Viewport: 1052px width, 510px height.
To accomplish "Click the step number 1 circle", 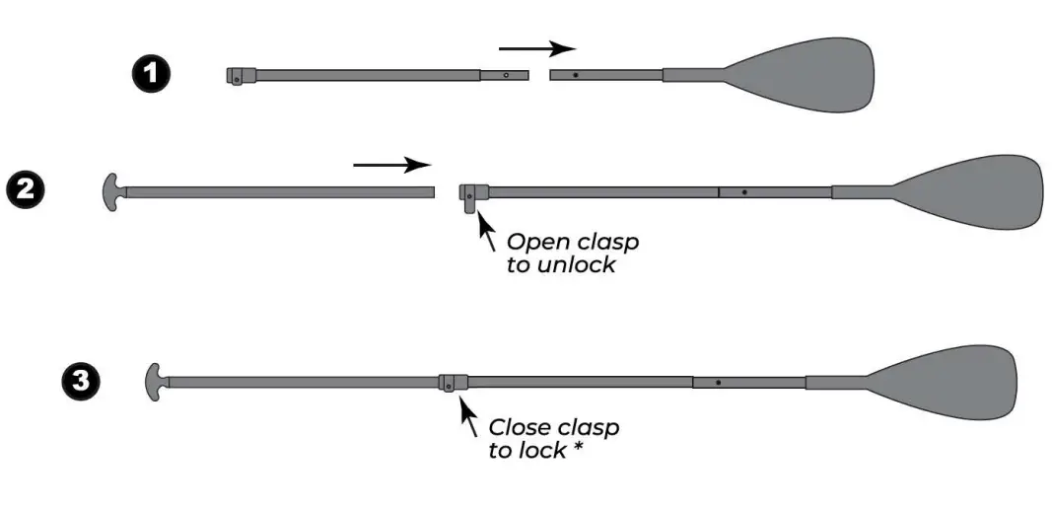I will [x=152, y=75].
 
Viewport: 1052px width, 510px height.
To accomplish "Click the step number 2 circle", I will [x=25, y=188].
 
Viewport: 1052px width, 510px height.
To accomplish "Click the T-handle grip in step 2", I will [x=111, y=191].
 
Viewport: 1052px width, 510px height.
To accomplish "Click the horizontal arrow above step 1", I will [x=536, y=47].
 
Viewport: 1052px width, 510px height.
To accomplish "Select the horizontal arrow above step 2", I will [x=391, y=165].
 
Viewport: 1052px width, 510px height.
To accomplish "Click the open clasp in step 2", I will [x=471, y=195].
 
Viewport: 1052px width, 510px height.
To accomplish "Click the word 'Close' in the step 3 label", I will [x=518, y=428].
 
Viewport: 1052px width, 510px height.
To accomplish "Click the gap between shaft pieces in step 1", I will [x=539, y=75].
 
